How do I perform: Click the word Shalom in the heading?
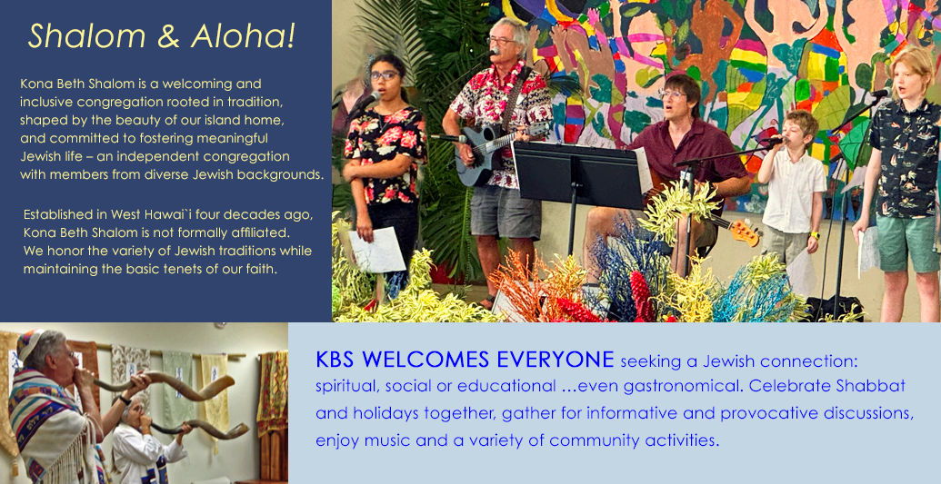tap(86, 36)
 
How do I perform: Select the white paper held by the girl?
tap(377, 249)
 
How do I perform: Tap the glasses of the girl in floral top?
tap(384, 75)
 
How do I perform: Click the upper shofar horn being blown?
tap(165, 385)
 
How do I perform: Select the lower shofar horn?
tap(198, 429)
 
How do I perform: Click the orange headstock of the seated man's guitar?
tap(744, 232)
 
